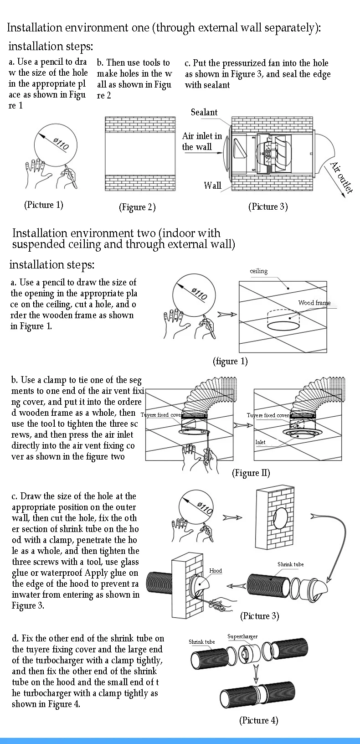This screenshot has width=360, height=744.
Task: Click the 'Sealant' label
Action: coord(204,112)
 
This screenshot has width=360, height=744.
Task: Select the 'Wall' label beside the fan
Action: coord(212,185)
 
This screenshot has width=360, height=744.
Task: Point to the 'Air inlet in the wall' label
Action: coord(202,141)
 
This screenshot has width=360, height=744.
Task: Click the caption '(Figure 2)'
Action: coord(137,207)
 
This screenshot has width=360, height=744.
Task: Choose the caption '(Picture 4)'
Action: coord(258,720)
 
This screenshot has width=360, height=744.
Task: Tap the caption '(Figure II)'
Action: coord(251,473)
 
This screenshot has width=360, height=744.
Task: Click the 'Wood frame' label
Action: coord(314,303)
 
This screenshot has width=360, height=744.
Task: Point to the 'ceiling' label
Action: coord(258,271)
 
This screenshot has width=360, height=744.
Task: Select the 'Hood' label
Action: coord(216,570)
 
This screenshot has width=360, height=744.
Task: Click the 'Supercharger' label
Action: coord(242,636)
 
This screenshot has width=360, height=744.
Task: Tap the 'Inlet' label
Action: coord(260,442)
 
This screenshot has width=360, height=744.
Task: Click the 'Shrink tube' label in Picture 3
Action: coord(290,564)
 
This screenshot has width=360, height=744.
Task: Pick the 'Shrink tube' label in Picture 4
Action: coord(201,642)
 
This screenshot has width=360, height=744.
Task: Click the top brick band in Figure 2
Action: coord(140,124)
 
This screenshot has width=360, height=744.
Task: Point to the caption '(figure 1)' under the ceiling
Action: coord(230,362)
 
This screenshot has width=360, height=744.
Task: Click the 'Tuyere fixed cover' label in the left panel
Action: coord(161,415)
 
